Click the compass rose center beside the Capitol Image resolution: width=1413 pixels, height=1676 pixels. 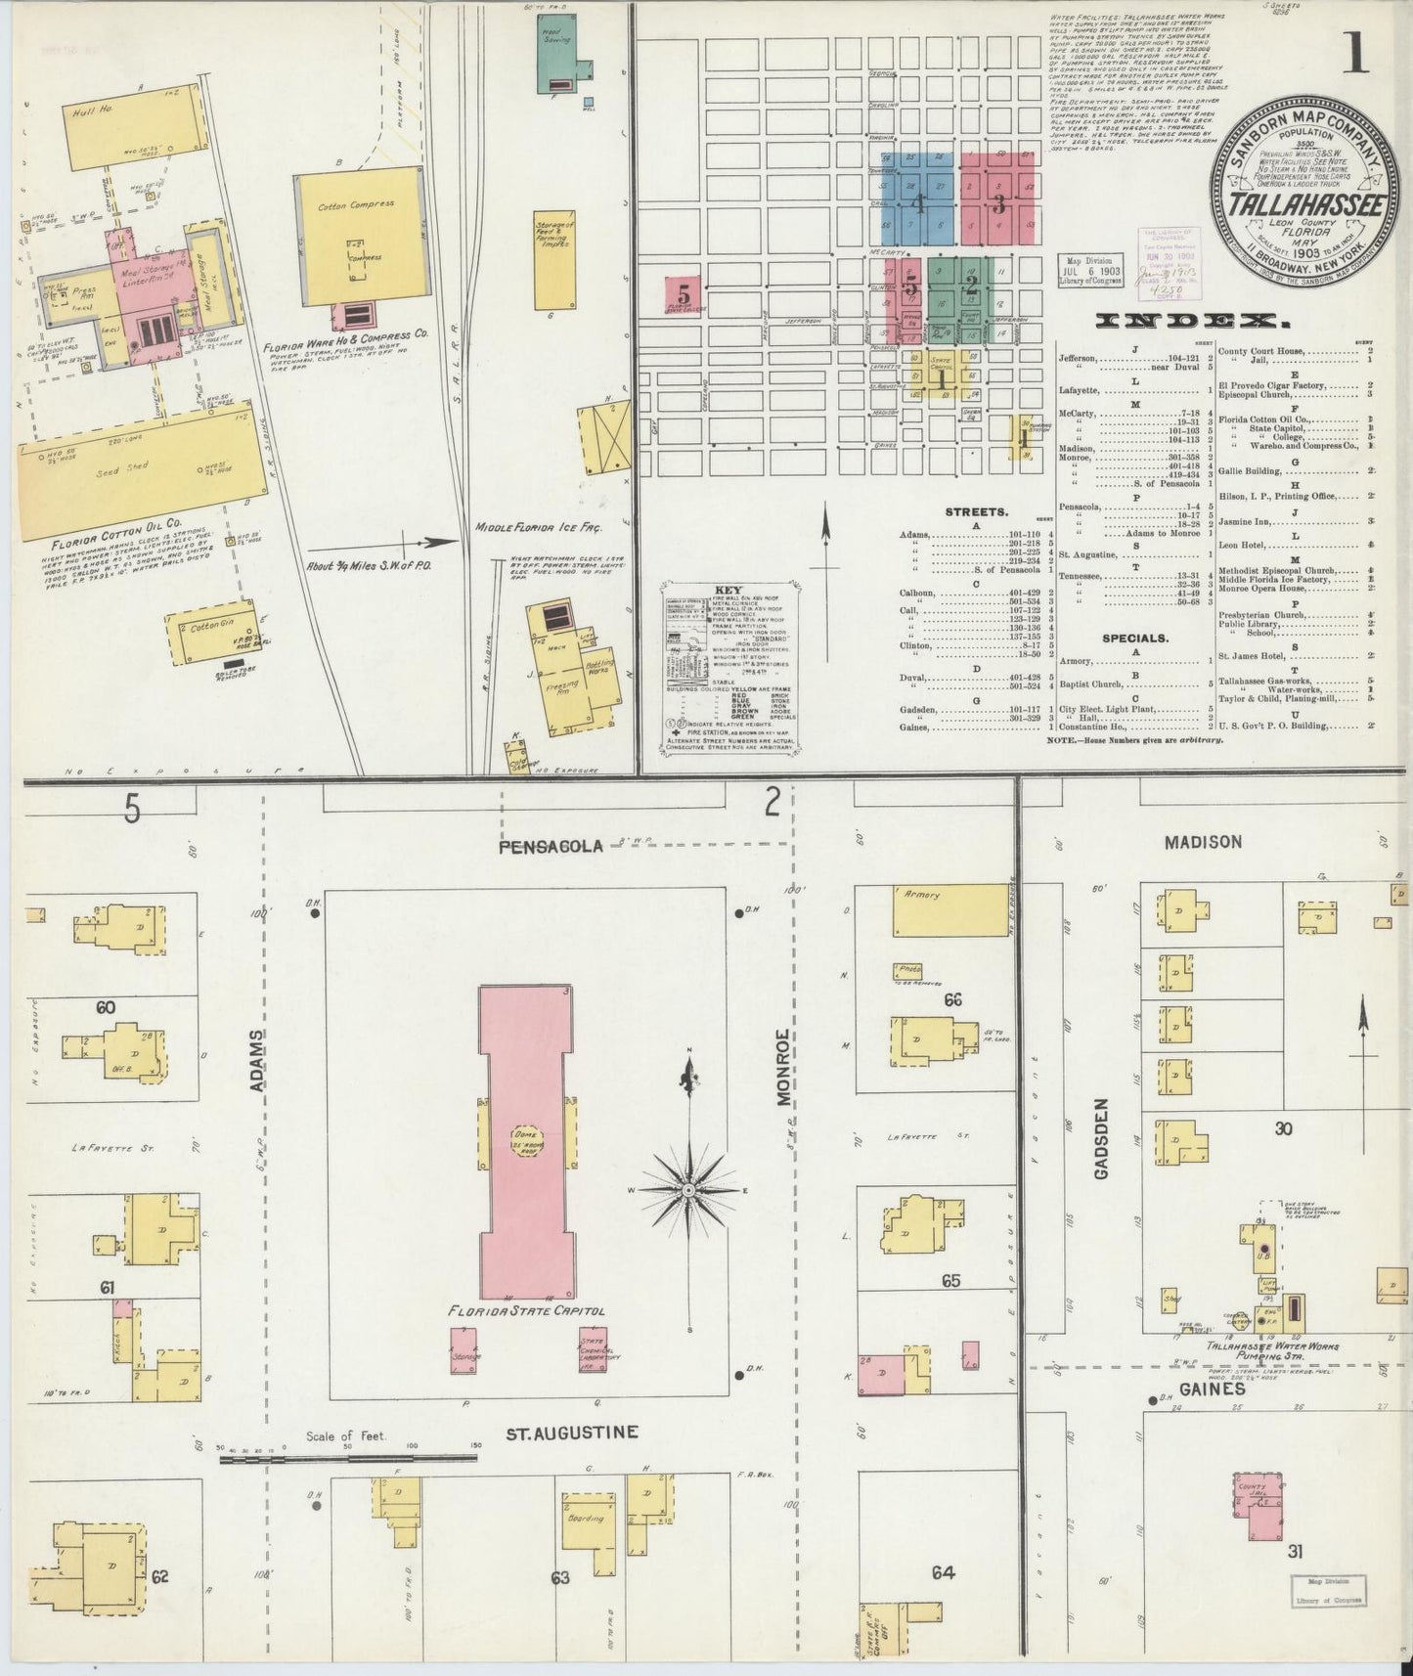688,1190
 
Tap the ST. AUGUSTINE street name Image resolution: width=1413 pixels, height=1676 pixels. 572,1433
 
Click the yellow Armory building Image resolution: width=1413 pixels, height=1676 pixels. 949,906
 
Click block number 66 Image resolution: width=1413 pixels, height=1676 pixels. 952,998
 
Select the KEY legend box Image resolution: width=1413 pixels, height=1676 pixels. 729,665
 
